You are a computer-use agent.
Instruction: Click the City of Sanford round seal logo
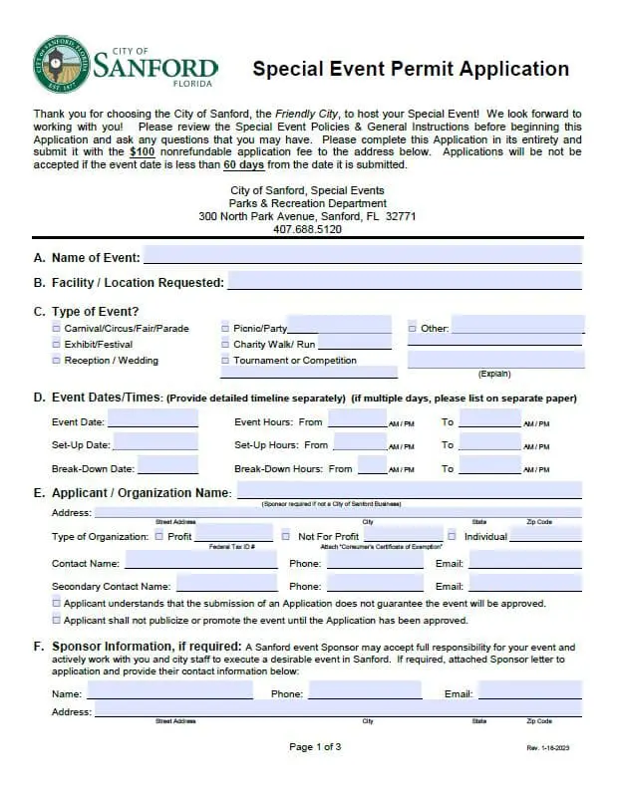coord(62,66)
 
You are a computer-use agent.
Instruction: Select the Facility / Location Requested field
coord(405,282)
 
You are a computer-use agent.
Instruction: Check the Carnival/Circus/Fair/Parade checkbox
coord(56,328)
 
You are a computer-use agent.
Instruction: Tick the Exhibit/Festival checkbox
coord(56,344)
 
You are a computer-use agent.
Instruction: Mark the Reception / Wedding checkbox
coord(56,360)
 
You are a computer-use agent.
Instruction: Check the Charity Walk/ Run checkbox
coord(225,344)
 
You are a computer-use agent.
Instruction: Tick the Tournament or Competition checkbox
coord(225,360)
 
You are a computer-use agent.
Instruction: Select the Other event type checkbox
coord(413,328)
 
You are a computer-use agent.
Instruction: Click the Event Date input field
coord(153,420)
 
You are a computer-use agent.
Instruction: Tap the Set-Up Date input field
coord(155,443)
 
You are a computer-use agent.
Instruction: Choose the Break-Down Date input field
coord(167,467)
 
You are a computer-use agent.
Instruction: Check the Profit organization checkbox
coord(159,536)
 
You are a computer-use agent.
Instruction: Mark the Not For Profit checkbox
coord(286,536)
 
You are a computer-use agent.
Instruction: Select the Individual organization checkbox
coord(452,536)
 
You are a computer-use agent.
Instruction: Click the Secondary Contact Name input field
coord(227,586)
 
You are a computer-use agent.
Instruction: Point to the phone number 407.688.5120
coord(307,229)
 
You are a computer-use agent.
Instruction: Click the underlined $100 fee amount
coord(142,151)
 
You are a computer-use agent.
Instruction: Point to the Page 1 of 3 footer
coord(315,747)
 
